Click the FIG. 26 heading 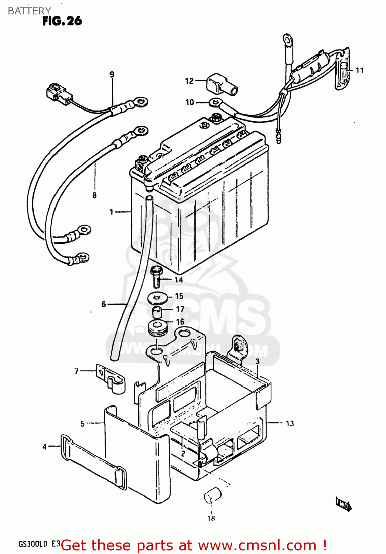coord(62,21)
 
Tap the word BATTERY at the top coord(29,11)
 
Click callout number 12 coord(189,81)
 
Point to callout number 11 coord(359,70)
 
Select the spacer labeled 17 coord(157,311)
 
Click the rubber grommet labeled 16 coord(157,327)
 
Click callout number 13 coord(290,423)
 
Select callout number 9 coord(112,74)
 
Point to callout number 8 coord(95,195)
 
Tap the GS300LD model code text coord(33,544)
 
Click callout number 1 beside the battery coord(111,212)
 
